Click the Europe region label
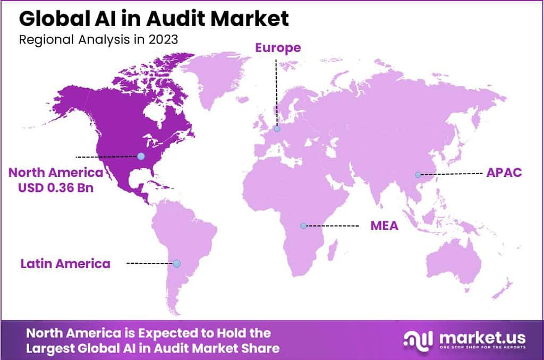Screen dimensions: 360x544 278,48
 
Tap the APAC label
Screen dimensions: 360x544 505,173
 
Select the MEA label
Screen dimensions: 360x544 384,226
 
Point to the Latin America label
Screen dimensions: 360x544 65,263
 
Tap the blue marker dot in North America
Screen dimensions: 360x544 141,156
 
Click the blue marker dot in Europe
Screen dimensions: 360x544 277,128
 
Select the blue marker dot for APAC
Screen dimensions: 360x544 418,174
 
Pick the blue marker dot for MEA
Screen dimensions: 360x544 303,226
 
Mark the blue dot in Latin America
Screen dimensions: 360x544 177,263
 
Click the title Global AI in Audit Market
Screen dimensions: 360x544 154,19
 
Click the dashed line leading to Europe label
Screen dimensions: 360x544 276,90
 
